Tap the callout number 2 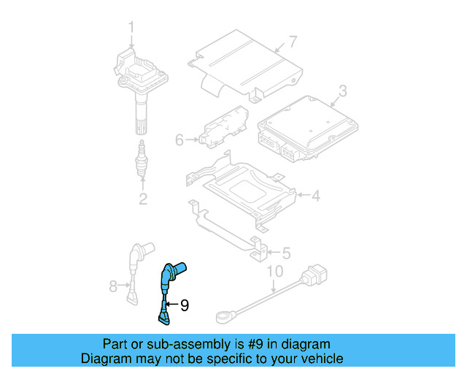142,199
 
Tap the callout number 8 113,287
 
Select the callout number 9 184,305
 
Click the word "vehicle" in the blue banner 320,359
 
